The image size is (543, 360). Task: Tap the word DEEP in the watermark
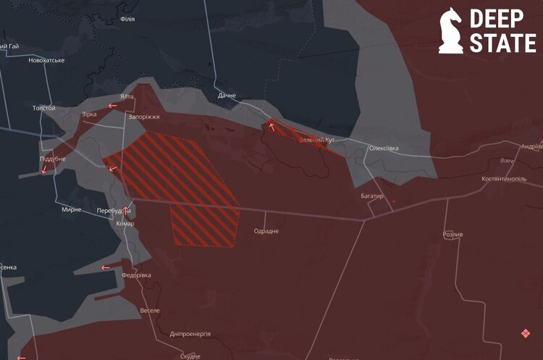(x=502, y=19)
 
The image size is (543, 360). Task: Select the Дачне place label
(x=227, y=96)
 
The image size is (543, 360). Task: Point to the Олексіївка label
(x=384, y=148)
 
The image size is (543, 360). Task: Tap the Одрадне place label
(x=266, y=231)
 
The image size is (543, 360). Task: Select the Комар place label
(x=125, y=224)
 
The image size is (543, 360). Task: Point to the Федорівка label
(x=137, y=275)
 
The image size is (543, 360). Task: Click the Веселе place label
(x=150, y=310)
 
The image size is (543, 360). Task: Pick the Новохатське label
(x=46, y=60)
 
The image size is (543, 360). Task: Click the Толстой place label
(x=44, y=108)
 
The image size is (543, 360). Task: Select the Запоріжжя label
(x=143, y=117)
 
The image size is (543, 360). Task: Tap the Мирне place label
(x=72, y=209)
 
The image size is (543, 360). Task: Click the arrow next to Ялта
(x=112, y=106)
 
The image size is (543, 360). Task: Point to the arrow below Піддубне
(x=44, y=170)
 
